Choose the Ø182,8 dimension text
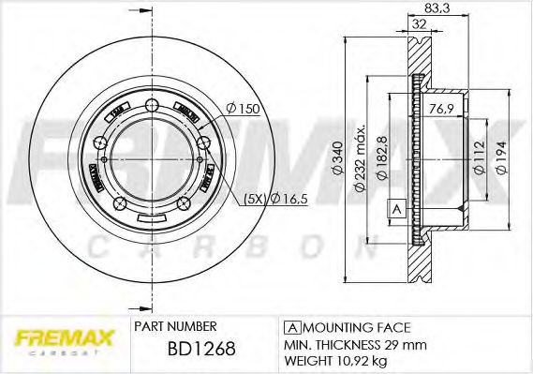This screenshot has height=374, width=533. pyautogui.click(x=379, y=157)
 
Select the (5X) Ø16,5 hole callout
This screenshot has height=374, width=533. pyautogui.click(x=273, y=199)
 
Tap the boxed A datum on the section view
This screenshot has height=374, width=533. pyautogui.click(x=395, y=208)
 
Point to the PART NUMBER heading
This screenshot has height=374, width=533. pyautogui.click(x=175, y=326)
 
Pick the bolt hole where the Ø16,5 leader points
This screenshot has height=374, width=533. pyautogui.click(x=205, y=142)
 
